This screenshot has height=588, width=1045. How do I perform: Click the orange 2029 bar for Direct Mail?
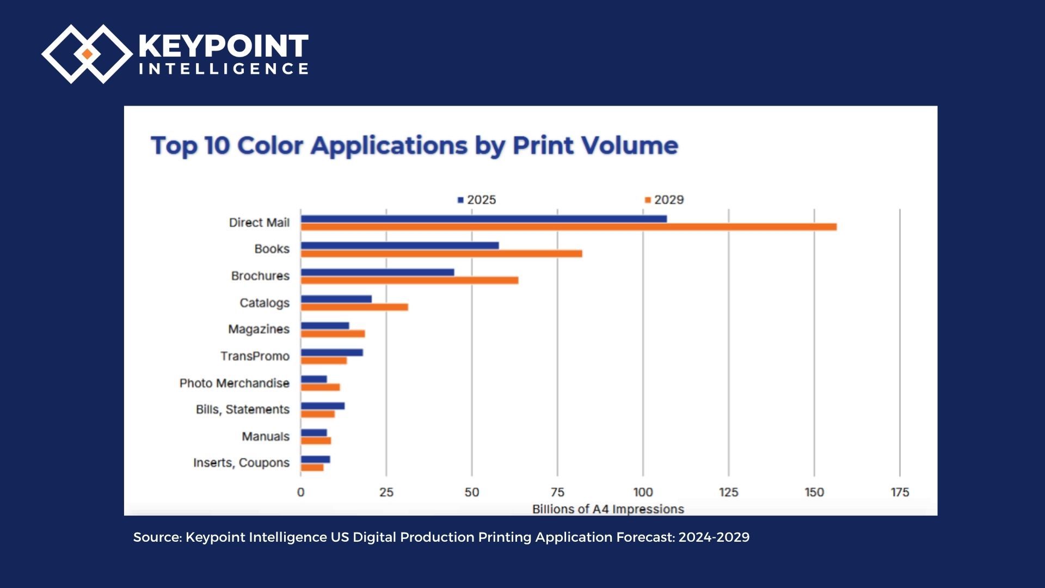[x=568, y=227]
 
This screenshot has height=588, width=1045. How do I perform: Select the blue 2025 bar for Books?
[x=399, y=246]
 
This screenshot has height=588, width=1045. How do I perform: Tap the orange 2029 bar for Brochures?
[x=409, y=280]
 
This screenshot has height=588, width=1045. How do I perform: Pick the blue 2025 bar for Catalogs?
[x=336, y=299]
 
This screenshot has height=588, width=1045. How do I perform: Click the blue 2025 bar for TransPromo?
[x=331, y=352]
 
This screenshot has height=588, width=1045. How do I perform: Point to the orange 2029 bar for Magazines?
[x=333, y=334]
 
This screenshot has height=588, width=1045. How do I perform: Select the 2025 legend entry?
[x=477, y=200]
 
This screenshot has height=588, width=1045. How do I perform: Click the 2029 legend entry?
[x=664, y=200]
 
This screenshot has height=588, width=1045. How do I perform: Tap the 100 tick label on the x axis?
[x=643, y=492]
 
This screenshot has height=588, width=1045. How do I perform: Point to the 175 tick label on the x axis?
[x=900, y=492]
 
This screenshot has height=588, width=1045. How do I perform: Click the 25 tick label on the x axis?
[x=386, y=492]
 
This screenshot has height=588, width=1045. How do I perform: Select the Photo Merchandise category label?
[x=234, y=383]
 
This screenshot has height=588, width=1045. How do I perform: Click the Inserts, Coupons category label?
[x=241, y=463]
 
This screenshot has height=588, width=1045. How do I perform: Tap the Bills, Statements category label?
[x=242, y=409]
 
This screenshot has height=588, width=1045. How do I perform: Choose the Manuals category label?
[x=266, y=437]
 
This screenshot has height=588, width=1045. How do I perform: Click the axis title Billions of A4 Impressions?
[x=608, y=509]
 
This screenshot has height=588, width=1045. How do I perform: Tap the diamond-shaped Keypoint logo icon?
[x=87, y=54]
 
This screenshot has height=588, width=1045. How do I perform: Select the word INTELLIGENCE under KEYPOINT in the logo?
[x=224, y=69]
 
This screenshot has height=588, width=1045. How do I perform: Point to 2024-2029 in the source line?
[x=714, y=537]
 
